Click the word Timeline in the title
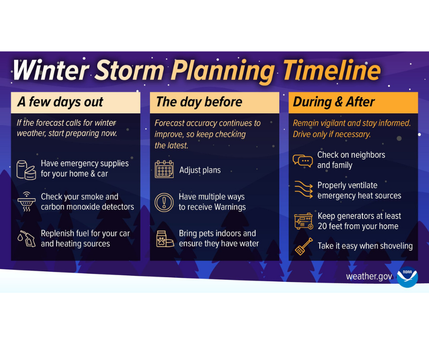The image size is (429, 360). (331, 71)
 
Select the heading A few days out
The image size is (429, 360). (60, 102)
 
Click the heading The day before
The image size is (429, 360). (199, 102)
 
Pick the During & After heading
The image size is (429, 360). (334, 102)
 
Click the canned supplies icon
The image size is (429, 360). (26, 169)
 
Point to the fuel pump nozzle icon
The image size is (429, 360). (26, 238)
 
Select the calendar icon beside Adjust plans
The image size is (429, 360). (164, 169)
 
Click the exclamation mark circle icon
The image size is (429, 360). (164, 202)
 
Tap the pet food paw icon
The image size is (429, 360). (164, 238)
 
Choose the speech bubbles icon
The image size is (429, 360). (303, 160)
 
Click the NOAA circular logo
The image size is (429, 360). (407, 276)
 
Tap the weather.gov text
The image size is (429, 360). (369, 276)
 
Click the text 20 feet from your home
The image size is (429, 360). (358, 226)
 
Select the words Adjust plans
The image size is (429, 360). (200, 170)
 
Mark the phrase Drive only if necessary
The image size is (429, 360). (332, 134)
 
